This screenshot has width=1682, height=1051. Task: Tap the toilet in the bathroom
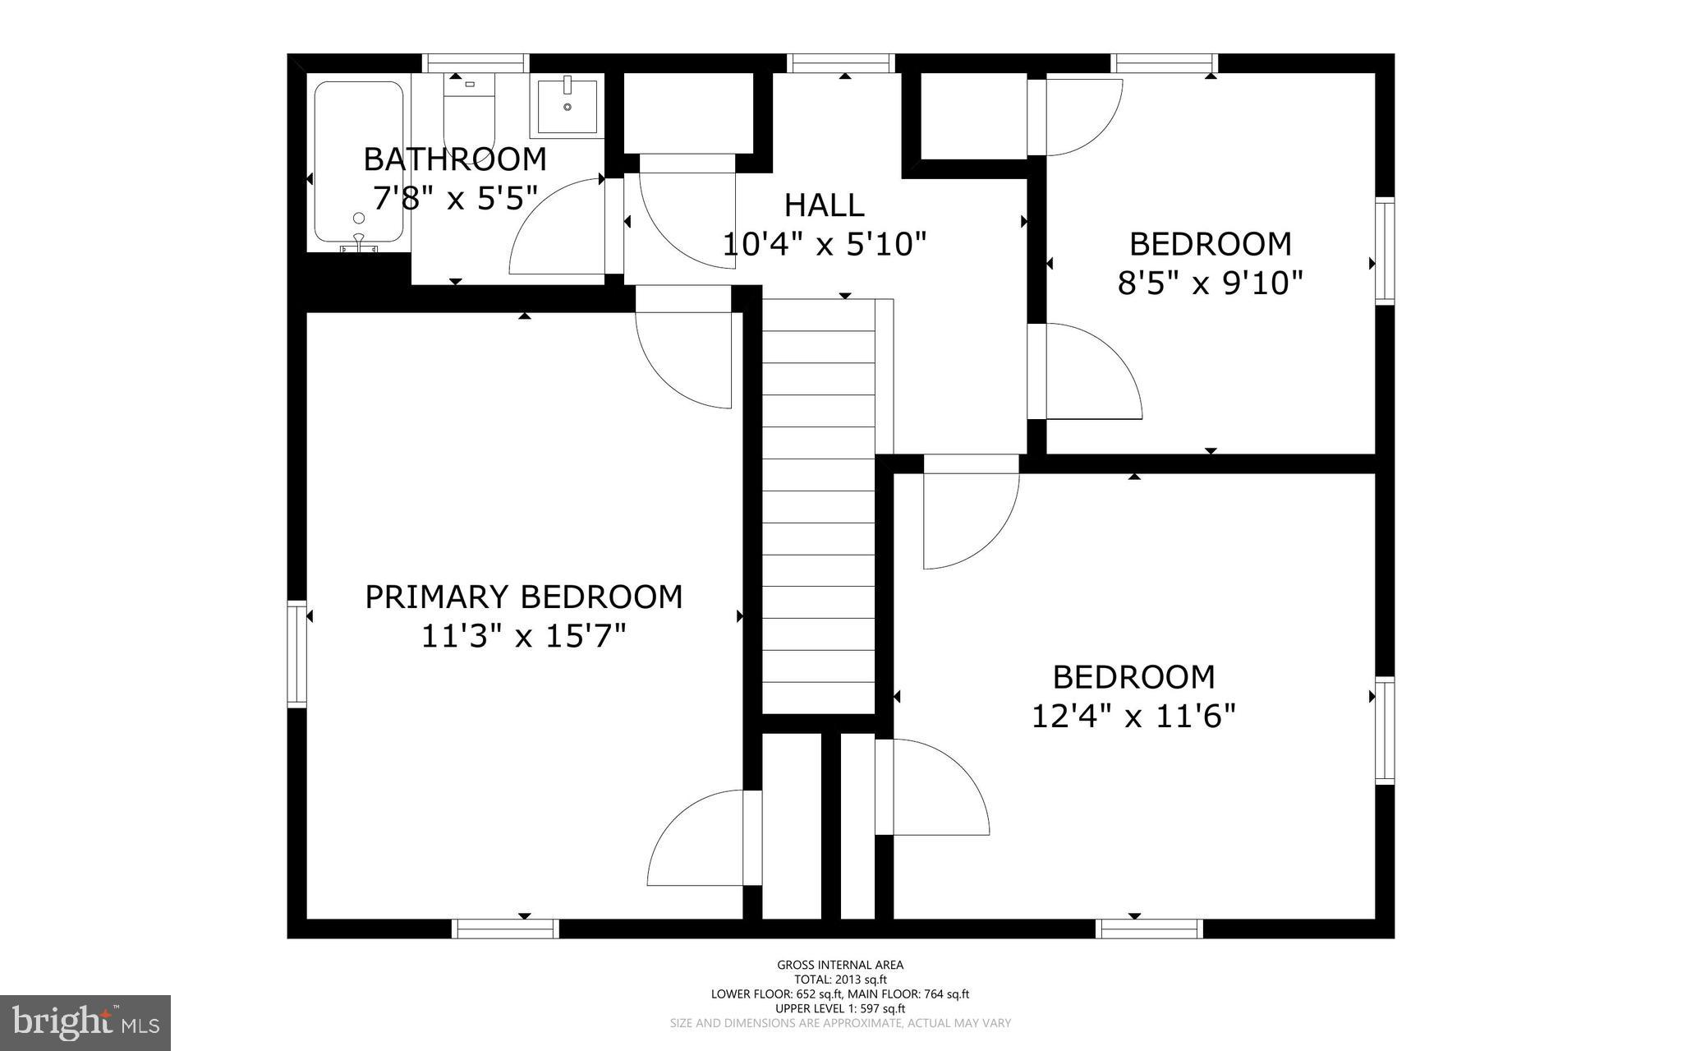pos(470,111)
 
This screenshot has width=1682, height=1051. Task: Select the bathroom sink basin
pos(568,108)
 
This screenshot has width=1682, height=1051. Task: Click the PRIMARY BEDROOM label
pos(523,597)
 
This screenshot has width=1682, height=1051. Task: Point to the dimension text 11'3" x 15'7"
pos(523,636)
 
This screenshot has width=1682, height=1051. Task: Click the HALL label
pos(824,205)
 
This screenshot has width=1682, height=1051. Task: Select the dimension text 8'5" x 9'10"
pos(1210,283)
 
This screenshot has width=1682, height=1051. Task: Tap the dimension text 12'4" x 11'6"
pos(1133,717)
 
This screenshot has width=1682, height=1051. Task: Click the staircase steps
pos(818,509)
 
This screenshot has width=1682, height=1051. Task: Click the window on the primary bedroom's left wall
pos(296,653)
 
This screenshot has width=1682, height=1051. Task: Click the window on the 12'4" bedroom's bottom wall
pos(1149,929)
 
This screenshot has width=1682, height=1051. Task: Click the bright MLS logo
pos(85,1022)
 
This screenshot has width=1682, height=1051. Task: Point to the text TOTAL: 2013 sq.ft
pos(840,980)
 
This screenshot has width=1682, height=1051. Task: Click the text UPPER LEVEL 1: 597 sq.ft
pos(840,1008)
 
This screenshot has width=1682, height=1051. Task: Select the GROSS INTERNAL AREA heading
pos(840,965)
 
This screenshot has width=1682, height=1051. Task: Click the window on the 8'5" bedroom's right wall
pos(1385,251)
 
